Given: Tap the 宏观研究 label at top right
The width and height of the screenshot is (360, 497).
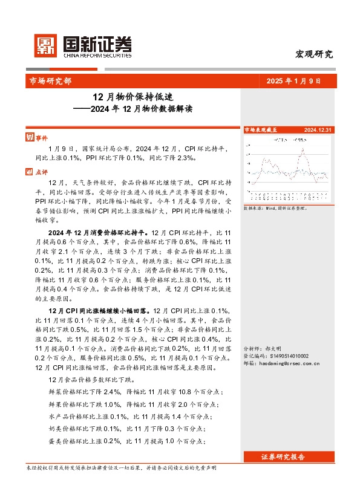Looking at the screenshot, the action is click(x=313, y=54).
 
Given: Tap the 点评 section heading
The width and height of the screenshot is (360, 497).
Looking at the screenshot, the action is click(x=41, y=172).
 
